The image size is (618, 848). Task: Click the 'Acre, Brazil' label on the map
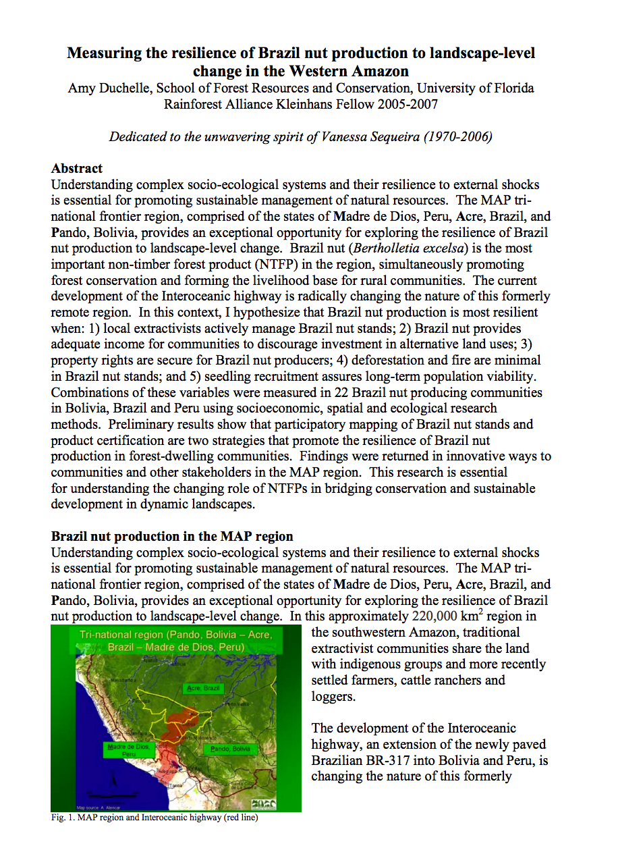click(203, 688)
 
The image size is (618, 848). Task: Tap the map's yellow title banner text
click(175, 641)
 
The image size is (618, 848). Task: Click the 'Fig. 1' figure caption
click(154, 818)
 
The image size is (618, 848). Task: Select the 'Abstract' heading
click(77, 169)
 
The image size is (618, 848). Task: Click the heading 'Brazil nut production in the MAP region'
click(172, 537)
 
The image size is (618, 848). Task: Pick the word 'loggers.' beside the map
click(333, 696)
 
